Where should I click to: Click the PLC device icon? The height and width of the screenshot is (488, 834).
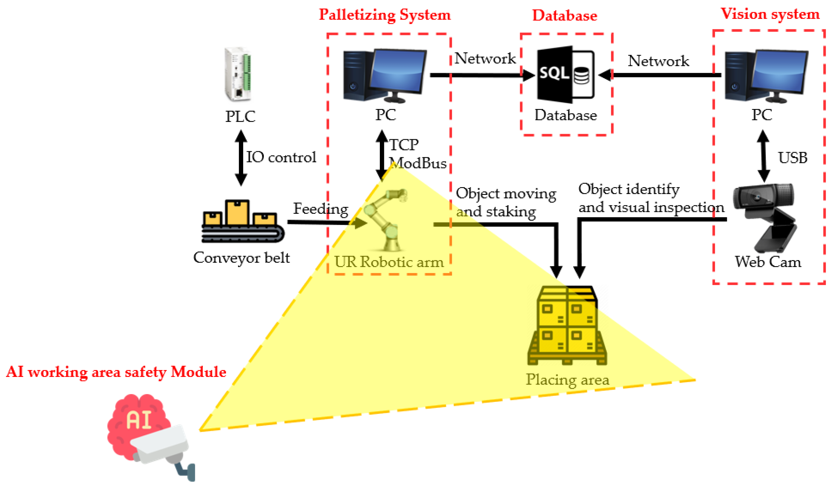[238, 74]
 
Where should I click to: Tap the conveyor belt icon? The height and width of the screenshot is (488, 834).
[243, 221]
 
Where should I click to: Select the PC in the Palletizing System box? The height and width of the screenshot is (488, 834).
[385, 76]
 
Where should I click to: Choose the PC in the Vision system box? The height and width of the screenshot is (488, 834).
[767, 76]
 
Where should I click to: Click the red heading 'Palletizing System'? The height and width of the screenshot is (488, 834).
[385, 15]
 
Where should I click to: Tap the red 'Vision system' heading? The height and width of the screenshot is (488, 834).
[770, 14]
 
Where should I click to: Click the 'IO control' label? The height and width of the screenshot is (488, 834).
[281, 157]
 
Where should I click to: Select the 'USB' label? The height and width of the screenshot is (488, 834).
[793, 158]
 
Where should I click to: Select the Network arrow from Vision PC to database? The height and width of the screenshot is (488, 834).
[660, 75]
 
